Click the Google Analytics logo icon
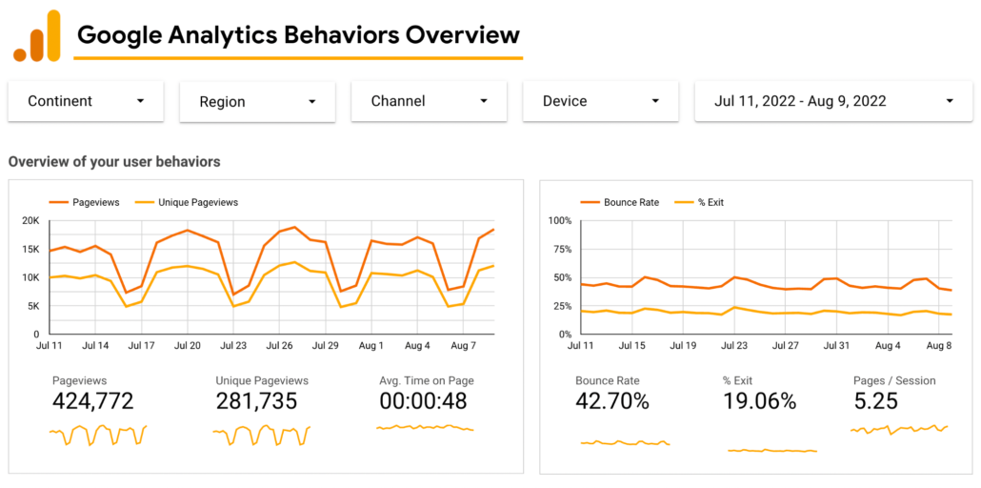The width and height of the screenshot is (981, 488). [36, 36]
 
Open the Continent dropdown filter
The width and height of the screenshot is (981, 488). [86, 101]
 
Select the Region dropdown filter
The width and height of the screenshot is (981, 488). [257, 102]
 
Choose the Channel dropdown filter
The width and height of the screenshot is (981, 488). [429, 101]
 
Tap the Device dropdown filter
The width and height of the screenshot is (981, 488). [600, 101]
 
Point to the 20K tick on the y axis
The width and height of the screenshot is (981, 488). [30, 221]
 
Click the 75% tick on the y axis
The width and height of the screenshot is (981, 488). [559, 250]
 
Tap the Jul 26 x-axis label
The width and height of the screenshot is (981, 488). [280, 346]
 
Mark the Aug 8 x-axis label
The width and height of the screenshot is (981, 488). [938, 346]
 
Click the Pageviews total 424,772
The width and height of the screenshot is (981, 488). [92, 401]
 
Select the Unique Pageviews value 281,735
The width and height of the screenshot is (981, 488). [256, 401]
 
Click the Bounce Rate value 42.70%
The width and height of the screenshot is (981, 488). [612, 401]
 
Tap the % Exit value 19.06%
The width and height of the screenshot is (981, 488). [759, 401]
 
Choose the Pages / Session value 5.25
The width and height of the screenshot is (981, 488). [875, 401]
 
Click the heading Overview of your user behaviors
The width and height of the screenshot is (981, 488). [114, 162]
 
